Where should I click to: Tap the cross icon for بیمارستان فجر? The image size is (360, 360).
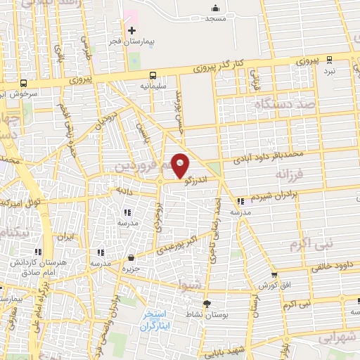pos(131,30)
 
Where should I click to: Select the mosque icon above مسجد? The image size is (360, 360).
pos(214,8)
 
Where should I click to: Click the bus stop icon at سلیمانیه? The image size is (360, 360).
pos(152,75)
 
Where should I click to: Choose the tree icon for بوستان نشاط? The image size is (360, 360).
pos(207,304)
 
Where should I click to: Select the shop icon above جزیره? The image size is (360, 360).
pos(131,258)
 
